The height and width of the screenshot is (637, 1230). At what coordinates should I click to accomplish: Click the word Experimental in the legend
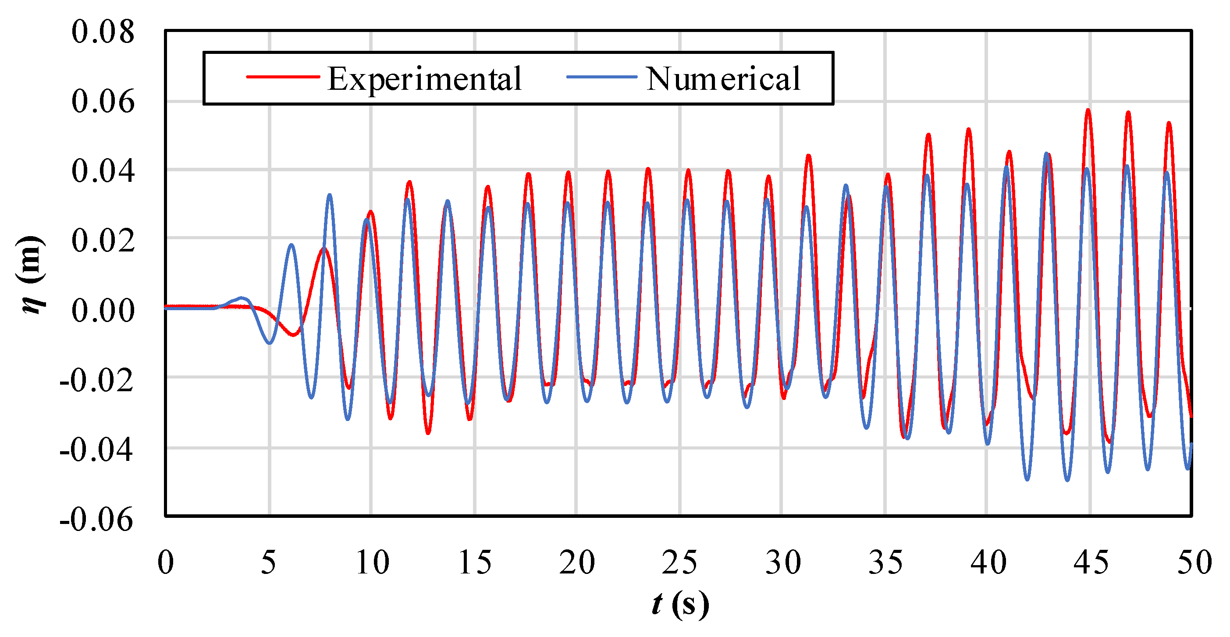pos(424,79)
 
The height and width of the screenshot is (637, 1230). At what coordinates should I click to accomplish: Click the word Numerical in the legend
pos(723,79)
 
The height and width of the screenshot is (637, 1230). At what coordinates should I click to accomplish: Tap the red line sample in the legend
pos(283,77)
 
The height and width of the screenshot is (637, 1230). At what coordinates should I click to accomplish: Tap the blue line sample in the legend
pos(601,77)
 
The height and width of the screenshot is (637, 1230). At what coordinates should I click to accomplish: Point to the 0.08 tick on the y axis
pos(103,32)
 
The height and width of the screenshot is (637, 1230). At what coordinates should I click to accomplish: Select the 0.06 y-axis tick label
pos(103,102)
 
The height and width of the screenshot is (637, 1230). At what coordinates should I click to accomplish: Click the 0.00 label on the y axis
pos(103,311)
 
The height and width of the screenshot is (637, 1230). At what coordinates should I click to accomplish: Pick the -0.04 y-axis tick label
pos(96,449)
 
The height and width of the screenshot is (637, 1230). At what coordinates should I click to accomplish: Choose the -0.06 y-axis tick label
pos(96,519)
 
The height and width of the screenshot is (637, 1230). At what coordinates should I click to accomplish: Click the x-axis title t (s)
pos(680,604)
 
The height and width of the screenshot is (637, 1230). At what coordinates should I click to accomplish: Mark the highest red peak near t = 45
pos(1088,111)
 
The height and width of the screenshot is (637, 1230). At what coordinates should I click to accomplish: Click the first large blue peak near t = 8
pos(330,196)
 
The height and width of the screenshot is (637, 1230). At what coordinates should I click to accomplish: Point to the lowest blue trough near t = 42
pos(1027,478)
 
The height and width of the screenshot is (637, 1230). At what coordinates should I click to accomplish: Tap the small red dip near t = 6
pos(293,334)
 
